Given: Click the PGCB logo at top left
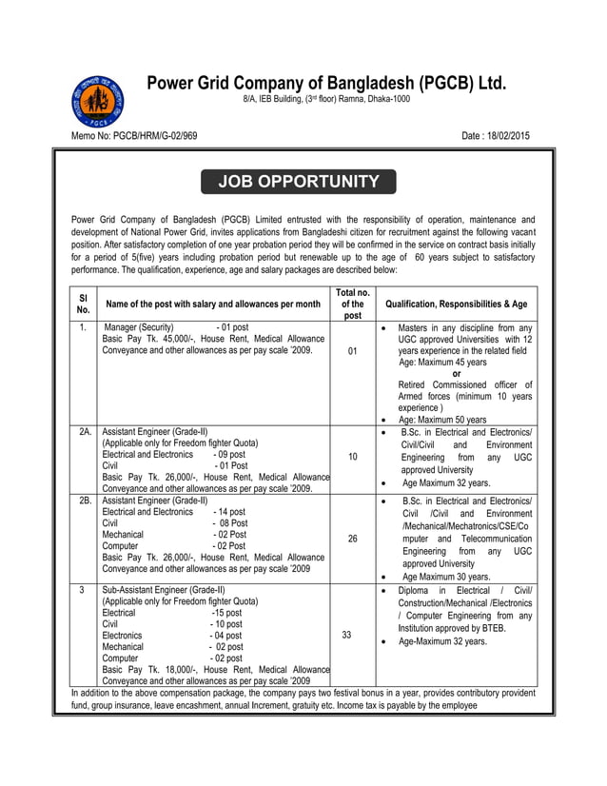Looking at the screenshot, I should point(97,102).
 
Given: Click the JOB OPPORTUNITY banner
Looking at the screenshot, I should point(299,182).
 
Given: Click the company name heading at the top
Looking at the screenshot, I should point(326,82).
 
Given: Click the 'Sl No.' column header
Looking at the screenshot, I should point(83,304).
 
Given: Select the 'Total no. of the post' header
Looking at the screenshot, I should point(352,304).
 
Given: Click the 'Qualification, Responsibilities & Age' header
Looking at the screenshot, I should point(457,304).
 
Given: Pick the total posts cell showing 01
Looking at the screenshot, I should point(352,351).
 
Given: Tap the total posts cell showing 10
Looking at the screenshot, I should point(352,457).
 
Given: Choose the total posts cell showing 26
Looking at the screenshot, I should point(352,539).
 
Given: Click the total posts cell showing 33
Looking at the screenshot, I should point(352,634).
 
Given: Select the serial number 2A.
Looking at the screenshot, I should point(84,432).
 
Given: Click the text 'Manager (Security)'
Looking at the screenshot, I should point(139,327).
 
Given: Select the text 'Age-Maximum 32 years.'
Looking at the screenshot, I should point(444,641).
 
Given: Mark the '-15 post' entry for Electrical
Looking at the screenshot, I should point(226,613).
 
